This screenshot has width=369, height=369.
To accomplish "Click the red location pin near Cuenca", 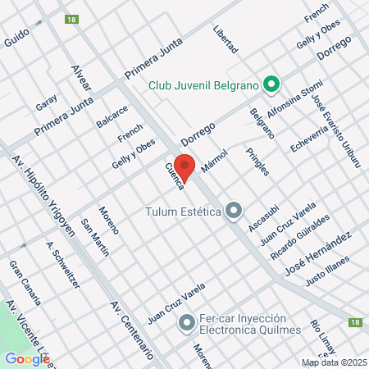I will [x=185, y=166].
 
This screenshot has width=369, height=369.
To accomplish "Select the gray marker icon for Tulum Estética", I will [x=234, y=212].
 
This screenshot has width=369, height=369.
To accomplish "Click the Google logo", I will [x=27, y=358].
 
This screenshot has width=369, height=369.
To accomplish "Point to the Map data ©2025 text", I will [x=334, y=362].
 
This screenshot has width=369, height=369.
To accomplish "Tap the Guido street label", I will [x=16, y=38].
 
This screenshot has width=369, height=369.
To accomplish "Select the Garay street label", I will [x=47, y=102].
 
